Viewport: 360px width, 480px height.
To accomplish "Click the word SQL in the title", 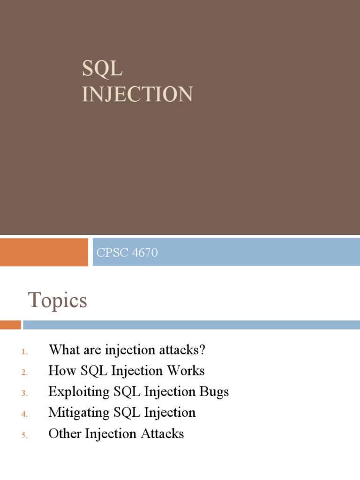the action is [102, 68].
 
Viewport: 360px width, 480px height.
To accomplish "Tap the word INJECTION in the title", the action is [137, 94].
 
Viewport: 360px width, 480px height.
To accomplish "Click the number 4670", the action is [145, 253].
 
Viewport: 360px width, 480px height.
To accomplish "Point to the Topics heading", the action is [57, 300].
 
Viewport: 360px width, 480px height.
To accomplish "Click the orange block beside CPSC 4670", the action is [44, 252].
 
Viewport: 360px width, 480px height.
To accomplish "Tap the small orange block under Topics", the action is [10, 325].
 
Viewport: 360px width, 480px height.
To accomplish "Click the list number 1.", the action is [24, 352].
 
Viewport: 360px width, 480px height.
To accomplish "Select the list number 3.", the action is [24, 393].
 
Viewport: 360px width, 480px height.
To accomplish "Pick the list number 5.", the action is [24, 435].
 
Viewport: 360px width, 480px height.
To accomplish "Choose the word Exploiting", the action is [79, 392].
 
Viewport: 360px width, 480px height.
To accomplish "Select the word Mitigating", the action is [79, 412].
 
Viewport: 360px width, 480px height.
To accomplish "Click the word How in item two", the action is [62, 370].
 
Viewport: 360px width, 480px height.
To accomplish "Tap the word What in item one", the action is [64, 350].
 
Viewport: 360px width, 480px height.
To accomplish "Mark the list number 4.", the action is [24, 414].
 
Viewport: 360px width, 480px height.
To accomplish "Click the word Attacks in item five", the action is [162, 434].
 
